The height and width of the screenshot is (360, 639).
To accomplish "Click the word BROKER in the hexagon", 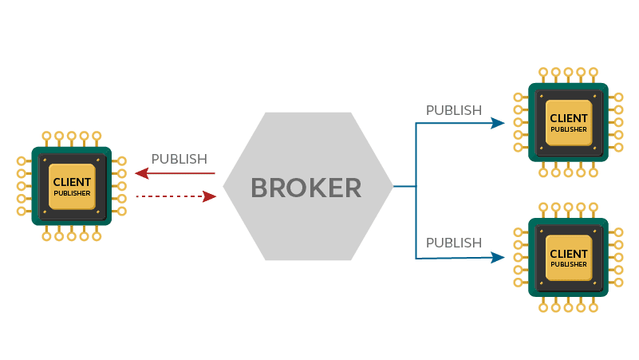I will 306,188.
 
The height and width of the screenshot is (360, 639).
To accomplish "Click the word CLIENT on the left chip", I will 72,182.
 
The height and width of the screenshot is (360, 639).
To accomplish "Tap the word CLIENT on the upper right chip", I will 568,118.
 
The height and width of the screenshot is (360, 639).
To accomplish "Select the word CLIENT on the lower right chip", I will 568,254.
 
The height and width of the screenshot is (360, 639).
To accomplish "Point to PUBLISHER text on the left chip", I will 72,193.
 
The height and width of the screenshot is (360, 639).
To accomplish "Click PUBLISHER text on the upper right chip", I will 568,129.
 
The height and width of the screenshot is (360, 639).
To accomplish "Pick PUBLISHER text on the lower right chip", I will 568,264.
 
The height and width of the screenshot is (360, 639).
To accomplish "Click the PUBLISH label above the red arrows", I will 179,159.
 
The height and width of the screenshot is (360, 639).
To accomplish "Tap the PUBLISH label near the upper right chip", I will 453,109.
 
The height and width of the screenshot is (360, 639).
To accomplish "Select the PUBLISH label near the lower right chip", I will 453,242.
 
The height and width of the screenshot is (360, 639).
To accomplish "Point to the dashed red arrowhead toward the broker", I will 211,196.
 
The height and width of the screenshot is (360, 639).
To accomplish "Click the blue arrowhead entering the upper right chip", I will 499,123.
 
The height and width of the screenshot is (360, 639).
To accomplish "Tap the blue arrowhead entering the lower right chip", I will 499,257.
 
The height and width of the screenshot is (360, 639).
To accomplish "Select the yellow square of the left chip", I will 72,188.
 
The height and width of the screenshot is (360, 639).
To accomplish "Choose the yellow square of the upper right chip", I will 568,124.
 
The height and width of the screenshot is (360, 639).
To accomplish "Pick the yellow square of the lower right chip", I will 568,259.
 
